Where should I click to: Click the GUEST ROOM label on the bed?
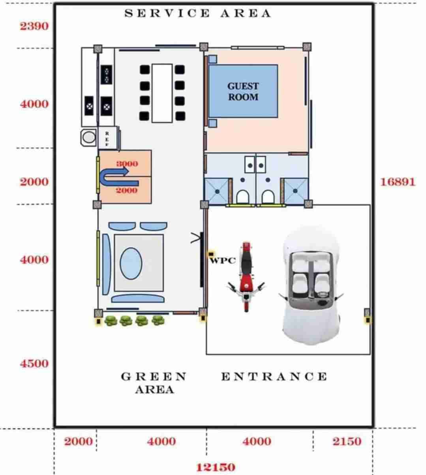coord(243,92)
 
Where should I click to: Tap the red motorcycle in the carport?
coord(246,277)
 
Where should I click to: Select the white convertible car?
coord(311,285)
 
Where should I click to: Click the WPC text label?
coord(223,261)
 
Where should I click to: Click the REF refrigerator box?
coord(108,138)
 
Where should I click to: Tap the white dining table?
coord(162,93)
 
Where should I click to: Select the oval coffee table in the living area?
coord(131,263)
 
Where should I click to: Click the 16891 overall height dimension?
coord(398,182)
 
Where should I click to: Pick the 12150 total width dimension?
coord(216,467)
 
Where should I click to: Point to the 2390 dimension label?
coord(34,26)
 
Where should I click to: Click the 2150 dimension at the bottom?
coord(347,441)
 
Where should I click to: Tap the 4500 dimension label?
coord(34,363)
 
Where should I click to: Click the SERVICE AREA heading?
coord(198,13)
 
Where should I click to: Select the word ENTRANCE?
coord(274,376)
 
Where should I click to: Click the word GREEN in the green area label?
coord(154,376)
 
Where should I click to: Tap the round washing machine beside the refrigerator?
coord(88,137)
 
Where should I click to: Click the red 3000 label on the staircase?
coord(127,163)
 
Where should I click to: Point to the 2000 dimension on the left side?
coord(34,182)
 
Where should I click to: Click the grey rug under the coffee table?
coord(139,263)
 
